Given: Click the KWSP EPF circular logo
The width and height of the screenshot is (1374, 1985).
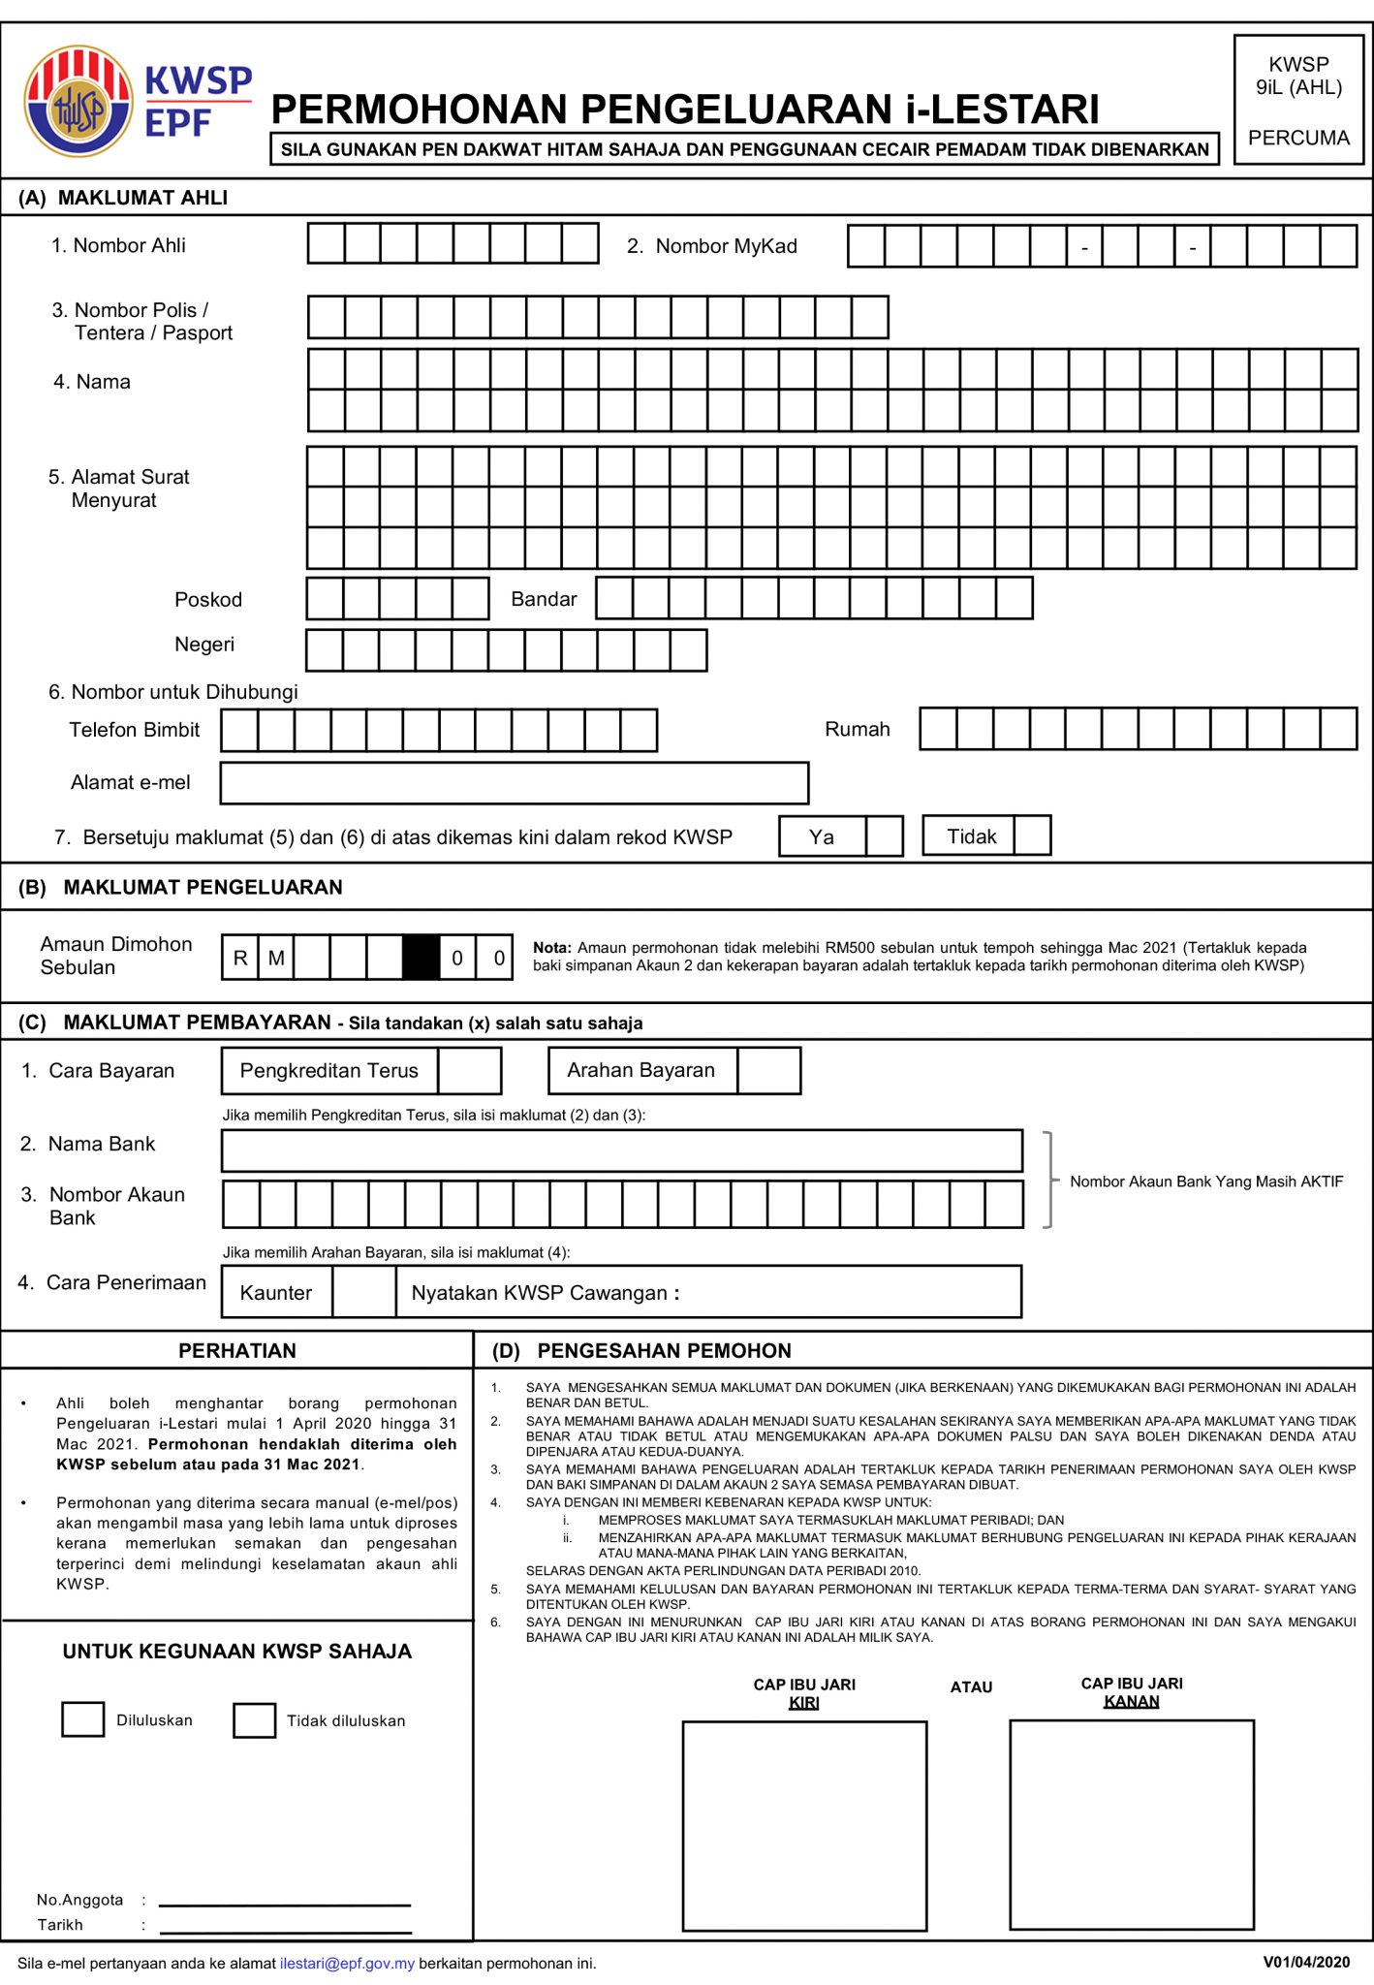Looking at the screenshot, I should (78, 102).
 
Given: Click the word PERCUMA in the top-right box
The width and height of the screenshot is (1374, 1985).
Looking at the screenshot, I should (1298, 138).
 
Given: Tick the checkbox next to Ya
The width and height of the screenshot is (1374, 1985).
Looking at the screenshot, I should (884, 835).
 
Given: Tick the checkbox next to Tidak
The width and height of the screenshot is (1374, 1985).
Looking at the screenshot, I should (1032, 835).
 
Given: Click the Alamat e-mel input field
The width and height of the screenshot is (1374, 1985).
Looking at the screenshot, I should (514, 783).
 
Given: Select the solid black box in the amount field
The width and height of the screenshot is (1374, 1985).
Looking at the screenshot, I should (421, 958).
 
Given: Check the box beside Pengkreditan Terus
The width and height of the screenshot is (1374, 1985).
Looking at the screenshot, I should (469, 1071).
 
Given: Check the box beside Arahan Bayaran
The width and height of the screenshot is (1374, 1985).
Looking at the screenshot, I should (768, 1071).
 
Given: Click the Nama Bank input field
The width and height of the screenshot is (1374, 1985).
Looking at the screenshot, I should (621, 1150).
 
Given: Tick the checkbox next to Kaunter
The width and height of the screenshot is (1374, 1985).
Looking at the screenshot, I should (363, 1292).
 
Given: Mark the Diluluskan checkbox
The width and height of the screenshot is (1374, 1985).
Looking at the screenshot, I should (82, 1719).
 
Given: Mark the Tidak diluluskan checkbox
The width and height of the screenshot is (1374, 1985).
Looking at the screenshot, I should (254, 1720).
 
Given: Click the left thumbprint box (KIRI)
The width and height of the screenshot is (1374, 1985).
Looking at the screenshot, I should (804, 1825).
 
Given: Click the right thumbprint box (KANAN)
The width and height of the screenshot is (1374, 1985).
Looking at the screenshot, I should (1132, 1824).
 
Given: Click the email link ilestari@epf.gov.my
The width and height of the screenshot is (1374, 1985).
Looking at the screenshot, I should (347, 1963).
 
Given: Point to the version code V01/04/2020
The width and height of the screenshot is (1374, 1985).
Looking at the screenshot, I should (1305, 1962).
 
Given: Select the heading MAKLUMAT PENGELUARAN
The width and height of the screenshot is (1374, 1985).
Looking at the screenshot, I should (203, 887).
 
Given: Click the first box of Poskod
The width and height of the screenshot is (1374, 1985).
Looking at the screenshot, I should (325, 599).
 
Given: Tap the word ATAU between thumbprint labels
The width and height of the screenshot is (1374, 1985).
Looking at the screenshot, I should (971, 1687).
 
